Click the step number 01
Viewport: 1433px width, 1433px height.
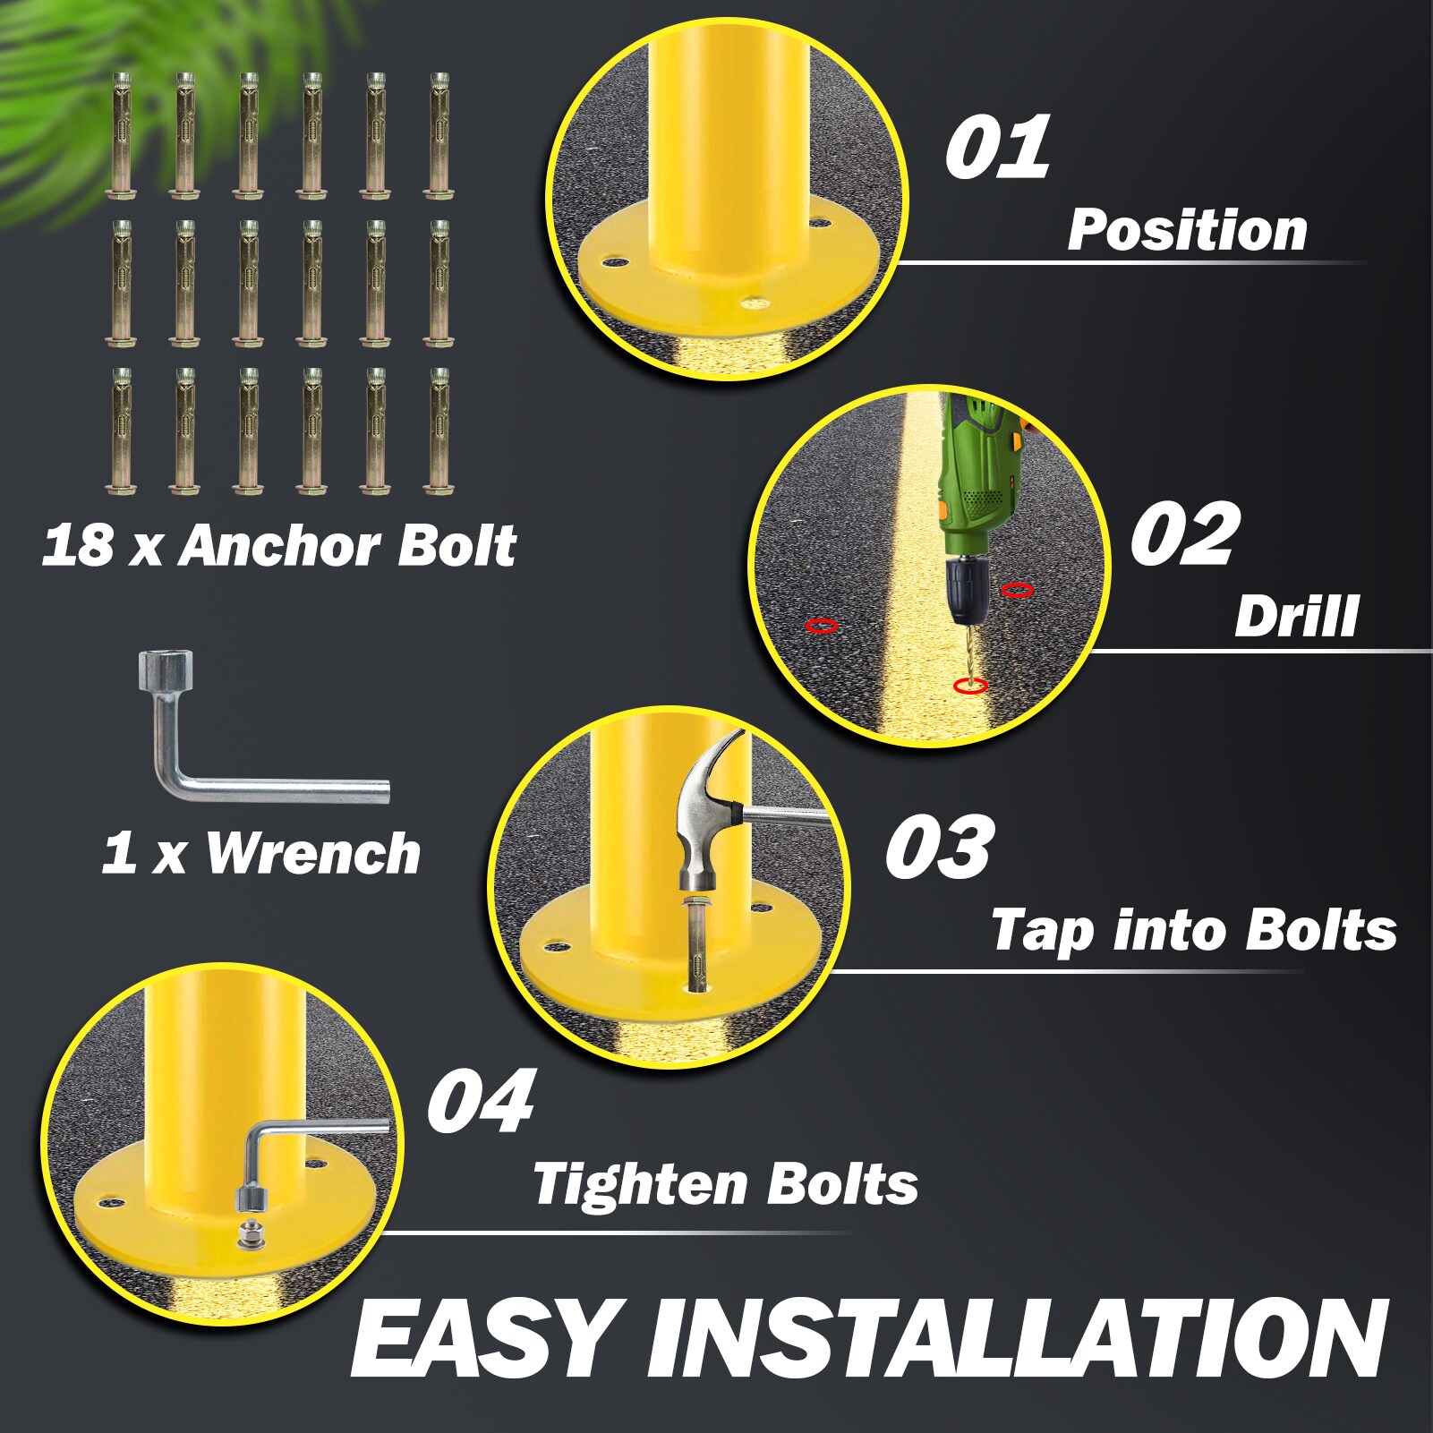tap(997, 147)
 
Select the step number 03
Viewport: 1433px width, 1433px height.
tap(939, 846)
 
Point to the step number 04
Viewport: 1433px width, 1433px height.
tap(481, 1099)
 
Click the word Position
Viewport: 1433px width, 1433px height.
tap(1187, 230)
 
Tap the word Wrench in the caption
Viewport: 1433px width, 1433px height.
tap(313, 853)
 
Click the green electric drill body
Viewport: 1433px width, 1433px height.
tap(977, 474)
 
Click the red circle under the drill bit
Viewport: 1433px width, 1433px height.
tap(970, 686)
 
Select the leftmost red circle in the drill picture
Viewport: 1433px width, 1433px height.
tap(822, 626)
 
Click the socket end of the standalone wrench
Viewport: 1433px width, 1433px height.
tap(158, 667)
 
